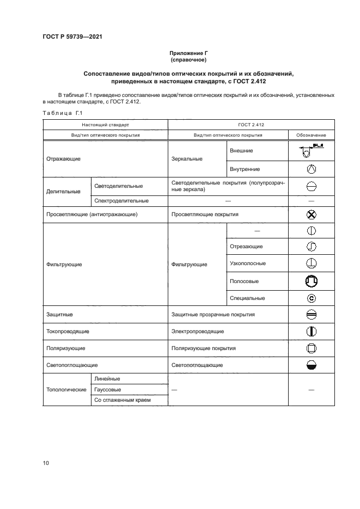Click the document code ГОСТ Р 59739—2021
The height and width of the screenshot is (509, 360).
tap(72, 36)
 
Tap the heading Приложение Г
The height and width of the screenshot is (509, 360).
tap(188, 53)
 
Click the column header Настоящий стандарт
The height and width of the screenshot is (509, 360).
tap(106, 125)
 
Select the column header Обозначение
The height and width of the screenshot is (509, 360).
tap(311, 134)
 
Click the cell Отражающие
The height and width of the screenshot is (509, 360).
tap(64, 158)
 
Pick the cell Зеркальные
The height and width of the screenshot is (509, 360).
tap(187, 158)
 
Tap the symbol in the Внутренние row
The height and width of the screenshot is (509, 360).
tap(311, 169)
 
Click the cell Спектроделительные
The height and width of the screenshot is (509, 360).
tap(121, 200)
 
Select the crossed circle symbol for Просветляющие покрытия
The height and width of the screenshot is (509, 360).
tap(311, 214)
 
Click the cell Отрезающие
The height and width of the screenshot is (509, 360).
tap(246, 247)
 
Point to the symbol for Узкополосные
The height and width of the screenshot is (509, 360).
tap(311, 263)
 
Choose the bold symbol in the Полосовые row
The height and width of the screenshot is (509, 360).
tap(311, 281)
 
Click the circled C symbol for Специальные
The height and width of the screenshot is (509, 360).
tap(311, 298)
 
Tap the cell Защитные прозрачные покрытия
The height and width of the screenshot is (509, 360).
tap(213, 315)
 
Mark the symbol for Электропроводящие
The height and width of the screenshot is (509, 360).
tap(311, 331)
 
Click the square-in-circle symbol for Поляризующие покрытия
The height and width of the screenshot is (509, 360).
tap(311, 348)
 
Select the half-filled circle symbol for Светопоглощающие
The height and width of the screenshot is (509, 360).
tap(311, 365)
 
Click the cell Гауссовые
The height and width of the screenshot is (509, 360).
tap(108, 390)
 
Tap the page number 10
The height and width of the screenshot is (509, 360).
tap(46, 463)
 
